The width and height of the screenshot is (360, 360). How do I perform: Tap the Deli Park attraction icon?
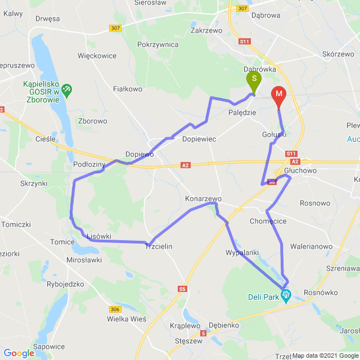tap(286, 294)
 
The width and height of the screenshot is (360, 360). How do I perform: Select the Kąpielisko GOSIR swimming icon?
tap(67, 88)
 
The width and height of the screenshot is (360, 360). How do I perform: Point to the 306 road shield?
tap(115, 309)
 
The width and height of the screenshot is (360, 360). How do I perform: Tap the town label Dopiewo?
tap(139, 154)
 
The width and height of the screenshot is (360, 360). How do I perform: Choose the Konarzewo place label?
tap(203, 199)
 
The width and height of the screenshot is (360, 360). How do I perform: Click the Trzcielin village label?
tap(159, 246)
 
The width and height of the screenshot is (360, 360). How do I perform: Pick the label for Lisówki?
tap(99, 236)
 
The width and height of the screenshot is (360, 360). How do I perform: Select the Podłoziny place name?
tap(89, 164)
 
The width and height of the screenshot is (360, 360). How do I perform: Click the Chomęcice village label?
tap(268, 221)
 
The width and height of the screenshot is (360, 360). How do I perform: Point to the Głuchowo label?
tap(301, 170)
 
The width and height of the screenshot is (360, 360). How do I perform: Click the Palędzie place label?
tap(242, 112)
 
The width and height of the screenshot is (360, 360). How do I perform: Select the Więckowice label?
tap(97, 56)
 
